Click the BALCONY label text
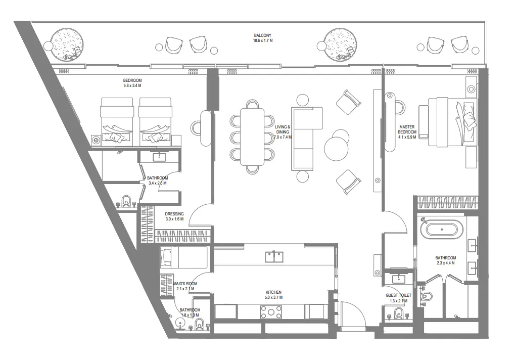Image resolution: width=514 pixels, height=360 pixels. (x=263, y=35)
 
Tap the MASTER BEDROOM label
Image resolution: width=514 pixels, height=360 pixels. (x=407, y=130)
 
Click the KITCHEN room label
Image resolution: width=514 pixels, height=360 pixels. (x=273, y=292)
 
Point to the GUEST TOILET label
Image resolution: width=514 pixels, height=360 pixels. (x=399, y=295)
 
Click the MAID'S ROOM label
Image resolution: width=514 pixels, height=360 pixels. (x=184, y=284)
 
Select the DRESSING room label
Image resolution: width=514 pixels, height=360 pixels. (x=174, y=214)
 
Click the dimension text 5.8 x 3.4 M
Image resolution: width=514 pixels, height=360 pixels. (x=132, y=86)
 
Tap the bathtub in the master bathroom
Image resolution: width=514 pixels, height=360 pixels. (x=443, y=231)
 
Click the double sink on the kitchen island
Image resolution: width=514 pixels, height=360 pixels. (x=274, y=257)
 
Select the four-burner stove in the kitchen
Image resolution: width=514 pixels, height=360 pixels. (x=271, y=312)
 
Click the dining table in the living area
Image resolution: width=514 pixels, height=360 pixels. (x=252, y=137)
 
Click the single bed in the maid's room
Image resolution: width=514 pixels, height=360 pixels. (x=184, y=258)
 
